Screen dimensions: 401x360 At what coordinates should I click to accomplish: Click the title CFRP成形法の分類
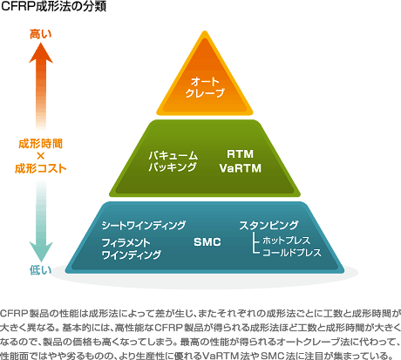point(53,6)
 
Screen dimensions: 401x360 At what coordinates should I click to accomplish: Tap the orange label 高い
point(41,34)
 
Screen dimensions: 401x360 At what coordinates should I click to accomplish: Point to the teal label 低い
point(40,270)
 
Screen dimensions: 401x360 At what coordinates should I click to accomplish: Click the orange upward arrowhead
point(41,53)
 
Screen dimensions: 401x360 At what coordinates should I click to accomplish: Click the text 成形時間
point(41,144)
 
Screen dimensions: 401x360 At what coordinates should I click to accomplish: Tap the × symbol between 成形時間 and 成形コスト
point(41,156)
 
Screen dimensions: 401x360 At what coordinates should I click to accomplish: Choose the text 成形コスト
point(41,168)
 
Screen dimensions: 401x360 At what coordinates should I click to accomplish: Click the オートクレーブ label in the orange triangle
point(205,87)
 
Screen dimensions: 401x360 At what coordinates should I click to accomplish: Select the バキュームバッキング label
point(173,161)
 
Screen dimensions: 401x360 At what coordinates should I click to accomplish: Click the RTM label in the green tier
point(240,154)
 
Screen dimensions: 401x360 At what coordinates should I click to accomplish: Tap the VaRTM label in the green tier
point(241,168)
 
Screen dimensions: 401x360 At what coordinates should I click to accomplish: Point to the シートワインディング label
point(144,225)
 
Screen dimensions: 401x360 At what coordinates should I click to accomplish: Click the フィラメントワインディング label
point(132,248)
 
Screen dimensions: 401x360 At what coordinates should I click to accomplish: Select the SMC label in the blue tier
point(207,242)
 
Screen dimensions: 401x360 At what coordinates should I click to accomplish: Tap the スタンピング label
point(268,225)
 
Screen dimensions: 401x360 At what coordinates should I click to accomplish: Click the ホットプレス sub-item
point(286,241)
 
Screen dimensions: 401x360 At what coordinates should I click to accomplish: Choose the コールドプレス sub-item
point(292,253)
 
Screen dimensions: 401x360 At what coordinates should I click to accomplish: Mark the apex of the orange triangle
point(205,31)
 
